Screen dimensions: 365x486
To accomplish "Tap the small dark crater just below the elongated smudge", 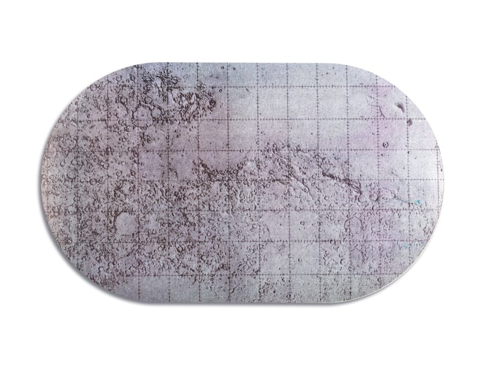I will point(409,122).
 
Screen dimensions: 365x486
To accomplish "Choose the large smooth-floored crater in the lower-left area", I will point(125,222).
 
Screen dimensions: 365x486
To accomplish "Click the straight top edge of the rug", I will point(243,63).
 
